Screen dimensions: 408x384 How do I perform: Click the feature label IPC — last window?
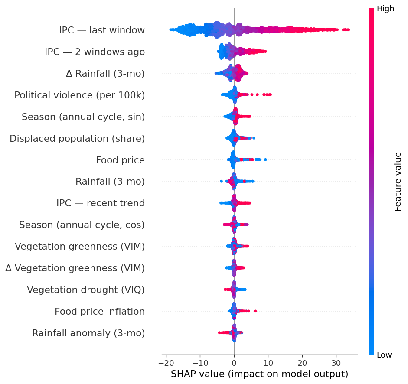[x=102, y=30]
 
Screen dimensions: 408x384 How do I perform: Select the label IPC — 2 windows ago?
[x=95, y=52]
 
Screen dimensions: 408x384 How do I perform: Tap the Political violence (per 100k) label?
[x=80, y=95]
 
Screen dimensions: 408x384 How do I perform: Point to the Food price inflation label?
[x=100, y=312]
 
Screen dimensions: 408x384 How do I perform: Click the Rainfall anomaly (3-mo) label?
[x=88, y=333]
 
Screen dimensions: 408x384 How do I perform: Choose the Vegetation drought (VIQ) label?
[x=85, y=290]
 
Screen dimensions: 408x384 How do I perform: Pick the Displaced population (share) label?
[x=77, y=138]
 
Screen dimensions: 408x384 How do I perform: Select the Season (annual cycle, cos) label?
[x=82, y=225]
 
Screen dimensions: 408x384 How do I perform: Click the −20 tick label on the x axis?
[x=166, y=363]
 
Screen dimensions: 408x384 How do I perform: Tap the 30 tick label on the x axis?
[x=336, y=363]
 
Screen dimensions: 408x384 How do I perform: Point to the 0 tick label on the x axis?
[x=234, y=363]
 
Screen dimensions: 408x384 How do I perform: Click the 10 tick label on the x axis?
[x=268, y=363]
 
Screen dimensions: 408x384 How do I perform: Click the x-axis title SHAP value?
[x=259, y=374]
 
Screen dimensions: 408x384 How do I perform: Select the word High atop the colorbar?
[x=385, y=9]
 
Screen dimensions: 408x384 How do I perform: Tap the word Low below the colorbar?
[x=384, y=355]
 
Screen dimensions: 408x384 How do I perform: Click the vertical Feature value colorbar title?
[x=398, y=182]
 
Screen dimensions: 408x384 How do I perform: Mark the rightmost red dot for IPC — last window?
[x=348, y=30]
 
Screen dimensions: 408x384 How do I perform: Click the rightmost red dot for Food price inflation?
[x=255, y=311]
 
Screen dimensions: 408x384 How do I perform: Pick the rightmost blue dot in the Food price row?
[x=265, y=159]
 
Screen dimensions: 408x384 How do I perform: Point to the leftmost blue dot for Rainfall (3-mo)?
[x=221, y=181]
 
